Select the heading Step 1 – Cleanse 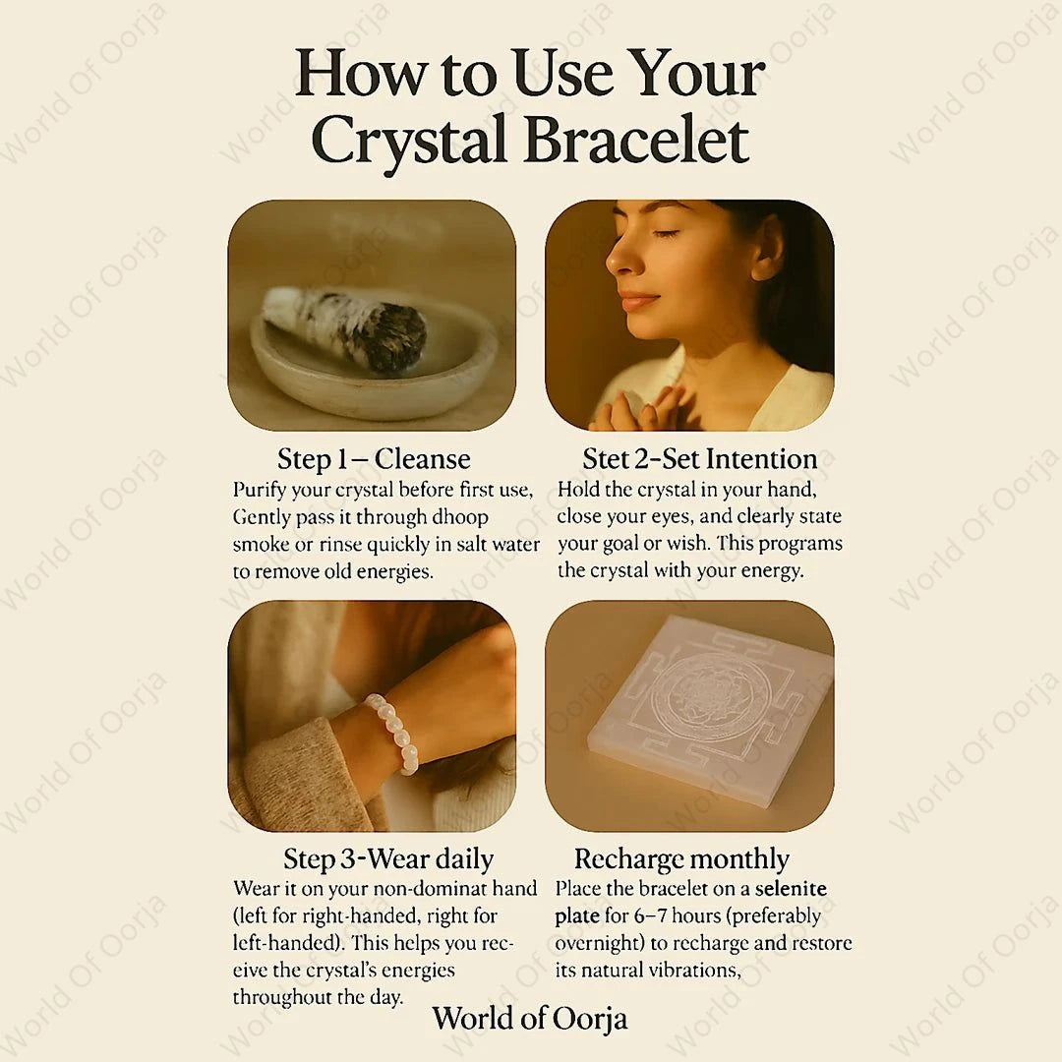tap(373, 458)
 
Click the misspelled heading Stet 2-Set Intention tap(699, 458)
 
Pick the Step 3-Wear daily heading tap(388, 858)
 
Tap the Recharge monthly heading tap(681, 858)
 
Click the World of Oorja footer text tap(529, 1017)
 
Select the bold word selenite tap(791, 889)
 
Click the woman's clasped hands tap(639, 408)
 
